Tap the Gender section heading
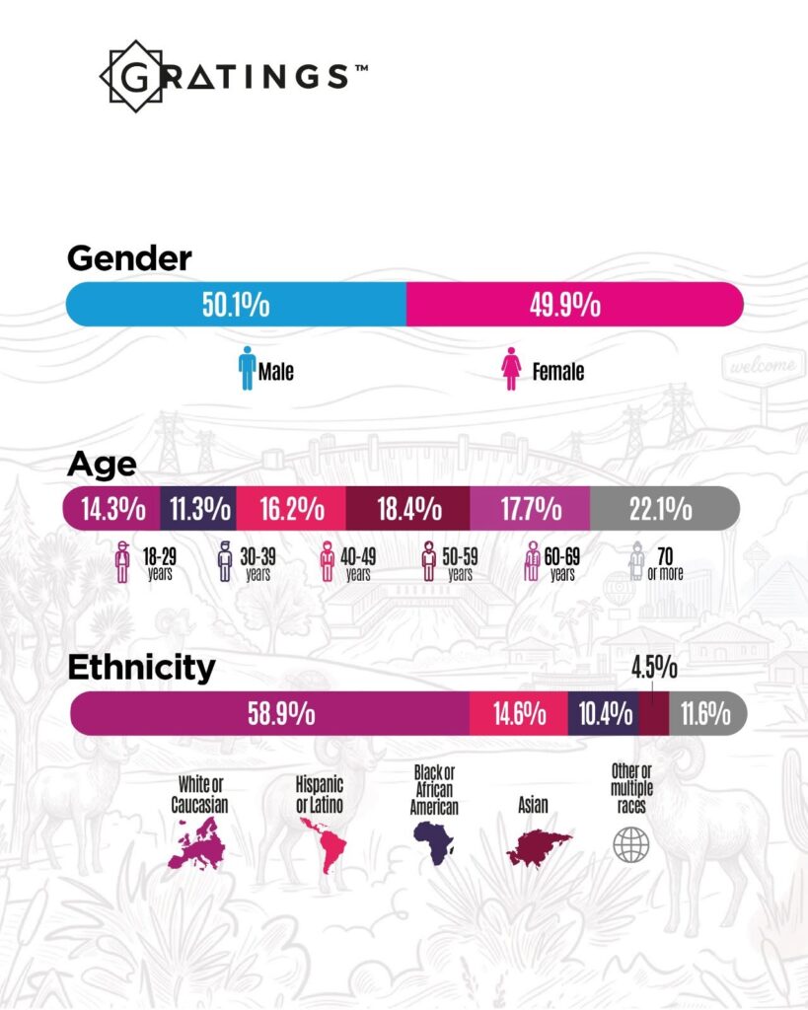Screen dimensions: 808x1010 pyautogui.click(x=129, y=258)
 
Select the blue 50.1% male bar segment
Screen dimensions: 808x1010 pyautogui.click(x=236, y=304)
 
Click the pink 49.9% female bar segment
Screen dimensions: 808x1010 pyautogui.click(x=575, y=304)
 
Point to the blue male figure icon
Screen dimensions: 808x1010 pyautogui.click(x=247, y=369)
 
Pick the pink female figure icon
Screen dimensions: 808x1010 pyautogui.click(x=512, y=369)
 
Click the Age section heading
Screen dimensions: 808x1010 pyautogui.click(x=102, y=465)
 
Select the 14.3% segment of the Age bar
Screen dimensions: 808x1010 pyautogui.click(x=111, y=509)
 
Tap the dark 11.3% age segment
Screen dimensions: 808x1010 pyautogui.click(x=198, y=509)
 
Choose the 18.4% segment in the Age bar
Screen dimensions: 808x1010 pyautogui.click(x=408, y=509)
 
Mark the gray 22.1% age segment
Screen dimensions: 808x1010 pyautogui.click(x=664, y=509)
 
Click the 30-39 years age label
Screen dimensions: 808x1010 pyautogui.click(x=257, y=564)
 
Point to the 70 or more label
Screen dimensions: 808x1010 pyautogui.click(x=665, y=564)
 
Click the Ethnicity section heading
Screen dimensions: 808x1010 pyautogui.click(x=141, y=668)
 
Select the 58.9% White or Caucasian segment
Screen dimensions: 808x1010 pyautogui.click(x=270, y=714)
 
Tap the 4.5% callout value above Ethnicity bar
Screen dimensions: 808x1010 pyautogui.click(x=654, y=668)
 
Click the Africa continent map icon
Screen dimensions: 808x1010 pyautogui.click(x=433, y=842)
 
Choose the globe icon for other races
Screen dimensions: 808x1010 pyautogui.click(x=631, y=845)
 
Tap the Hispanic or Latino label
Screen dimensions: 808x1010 pyautogui.click(x=320, y=794)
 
